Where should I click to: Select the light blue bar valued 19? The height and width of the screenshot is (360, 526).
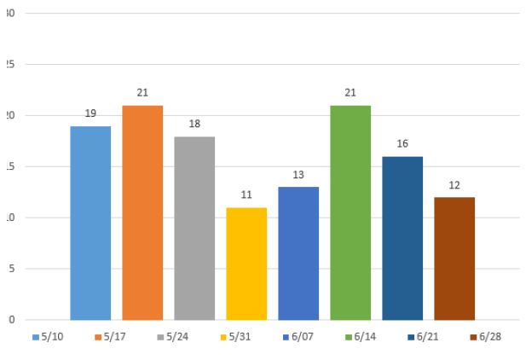pos(90,223)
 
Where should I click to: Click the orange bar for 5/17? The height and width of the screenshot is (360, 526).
pos(142,212)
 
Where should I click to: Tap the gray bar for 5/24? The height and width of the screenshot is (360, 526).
pos(194,228)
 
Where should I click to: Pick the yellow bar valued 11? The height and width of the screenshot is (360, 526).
pos(246,264)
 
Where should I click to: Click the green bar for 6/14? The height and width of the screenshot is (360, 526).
pos(350,212)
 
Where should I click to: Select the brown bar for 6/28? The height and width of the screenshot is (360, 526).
pos(454,258)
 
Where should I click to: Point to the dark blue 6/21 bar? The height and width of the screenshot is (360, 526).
pos(402,238)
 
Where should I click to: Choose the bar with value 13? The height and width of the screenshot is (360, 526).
pos(298,253)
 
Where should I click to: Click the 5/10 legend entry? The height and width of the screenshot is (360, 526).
pos(46,337)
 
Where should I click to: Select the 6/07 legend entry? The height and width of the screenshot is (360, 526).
pos(303,337)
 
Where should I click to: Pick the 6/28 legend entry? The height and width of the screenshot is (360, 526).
pos(485,337)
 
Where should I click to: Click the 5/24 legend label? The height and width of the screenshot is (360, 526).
pos(179,337)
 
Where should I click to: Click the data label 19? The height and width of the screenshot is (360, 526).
pos(90,113)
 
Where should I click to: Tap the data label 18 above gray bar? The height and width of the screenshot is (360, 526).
pos(194,124)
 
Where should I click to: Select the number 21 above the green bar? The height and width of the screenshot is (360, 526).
pos(350,93)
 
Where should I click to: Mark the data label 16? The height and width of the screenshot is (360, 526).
pos(402,144)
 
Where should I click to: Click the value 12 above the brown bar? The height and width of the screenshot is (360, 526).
pos(454,185)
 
